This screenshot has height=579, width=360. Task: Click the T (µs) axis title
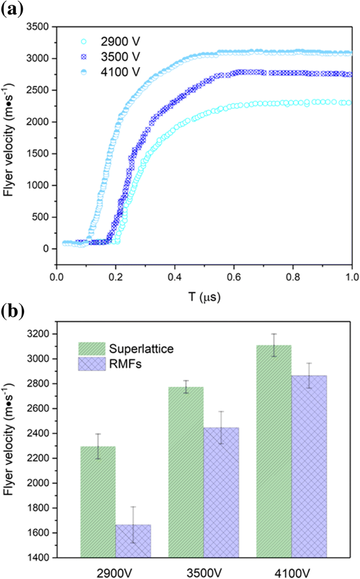(204, 297)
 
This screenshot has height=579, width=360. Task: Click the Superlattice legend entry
(131, 348)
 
